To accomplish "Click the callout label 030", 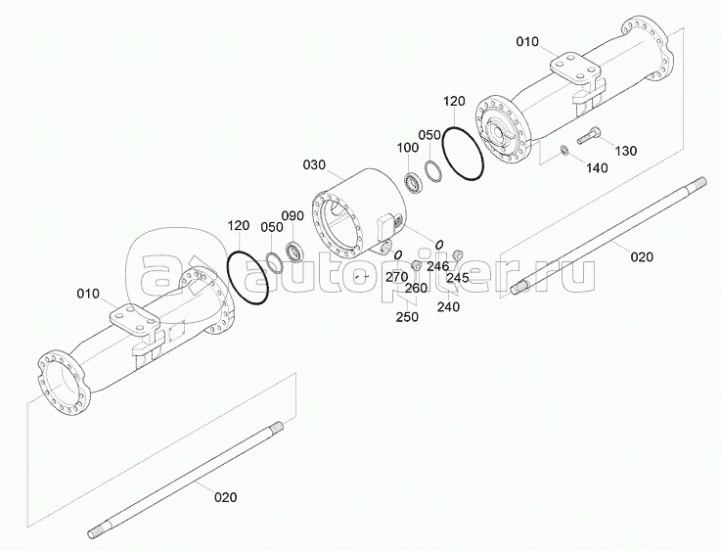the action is point(314,164).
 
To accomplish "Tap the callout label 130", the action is point(626,151).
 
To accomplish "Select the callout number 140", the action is point(597,168).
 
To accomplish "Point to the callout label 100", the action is point(408,148).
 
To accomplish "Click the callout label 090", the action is point(293,215).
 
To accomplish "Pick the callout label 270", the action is point(396,277).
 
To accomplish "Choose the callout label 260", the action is point(416,288).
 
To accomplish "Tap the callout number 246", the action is point(437,266).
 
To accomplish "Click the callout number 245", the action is point(458,277).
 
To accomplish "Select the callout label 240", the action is point(448,306).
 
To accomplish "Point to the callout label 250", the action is point(407,317).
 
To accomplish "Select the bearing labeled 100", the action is point(414,182).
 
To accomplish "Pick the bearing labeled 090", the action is point(294,251).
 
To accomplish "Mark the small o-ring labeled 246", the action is point(439,244).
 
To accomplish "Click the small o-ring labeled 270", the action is point(398,253).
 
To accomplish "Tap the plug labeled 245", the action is point(458,253).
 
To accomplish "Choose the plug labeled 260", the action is point(417,265).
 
